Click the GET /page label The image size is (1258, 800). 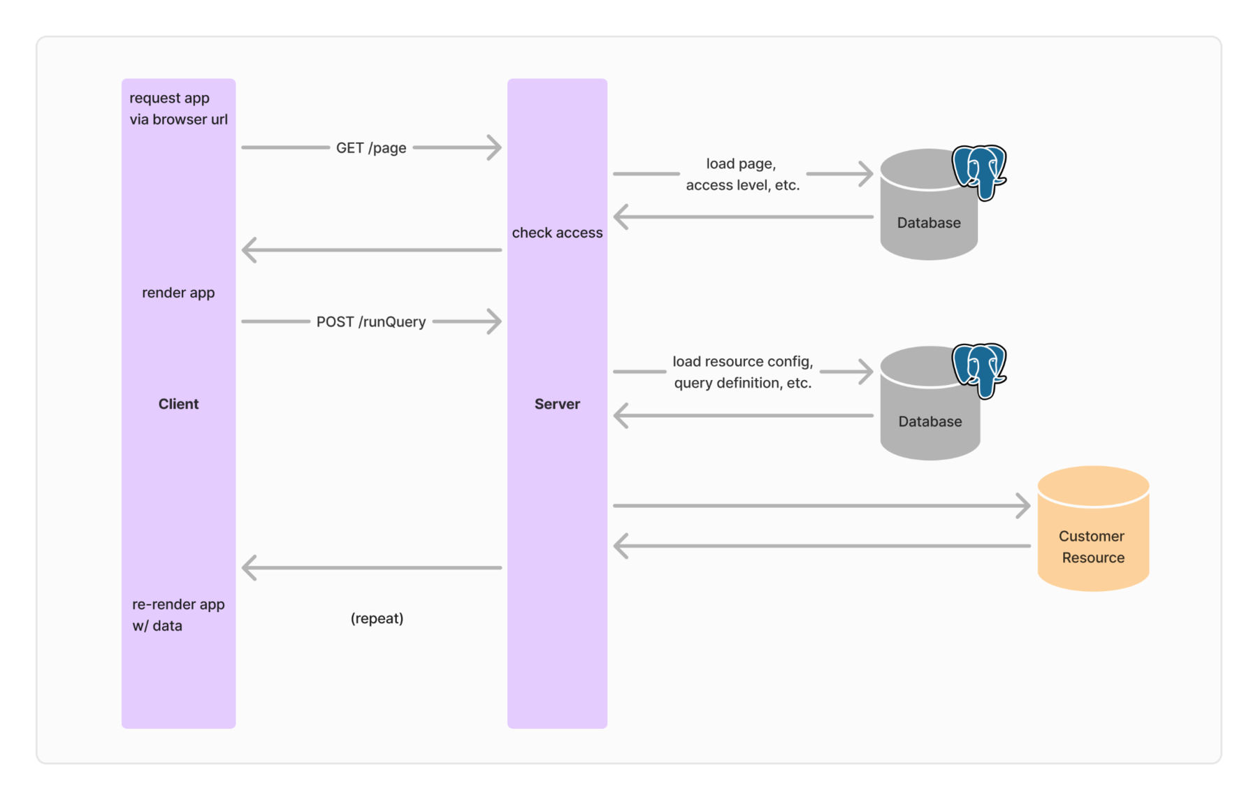371,148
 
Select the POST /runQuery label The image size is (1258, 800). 371,322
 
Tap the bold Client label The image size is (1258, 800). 178,404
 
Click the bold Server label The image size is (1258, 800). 557,404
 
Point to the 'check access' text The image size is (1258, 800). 557,233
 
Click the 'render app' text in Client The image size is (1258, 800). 178,293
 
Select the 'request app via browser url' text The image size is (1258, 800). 178,109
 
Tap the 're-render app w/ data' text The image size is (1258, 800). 178,615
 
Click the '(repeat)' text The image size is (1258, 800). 377,618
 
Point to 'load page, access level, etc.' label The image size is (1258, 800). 742,174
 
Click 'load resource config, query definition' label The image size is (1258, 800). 742,372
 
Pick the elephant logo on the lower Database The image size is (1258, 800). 980,369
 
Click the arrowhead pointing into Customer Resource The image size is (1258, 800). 1023,506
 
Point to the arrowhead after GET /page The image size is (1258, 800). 495,148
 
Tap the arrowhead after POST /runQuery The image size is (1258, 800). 495,322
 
